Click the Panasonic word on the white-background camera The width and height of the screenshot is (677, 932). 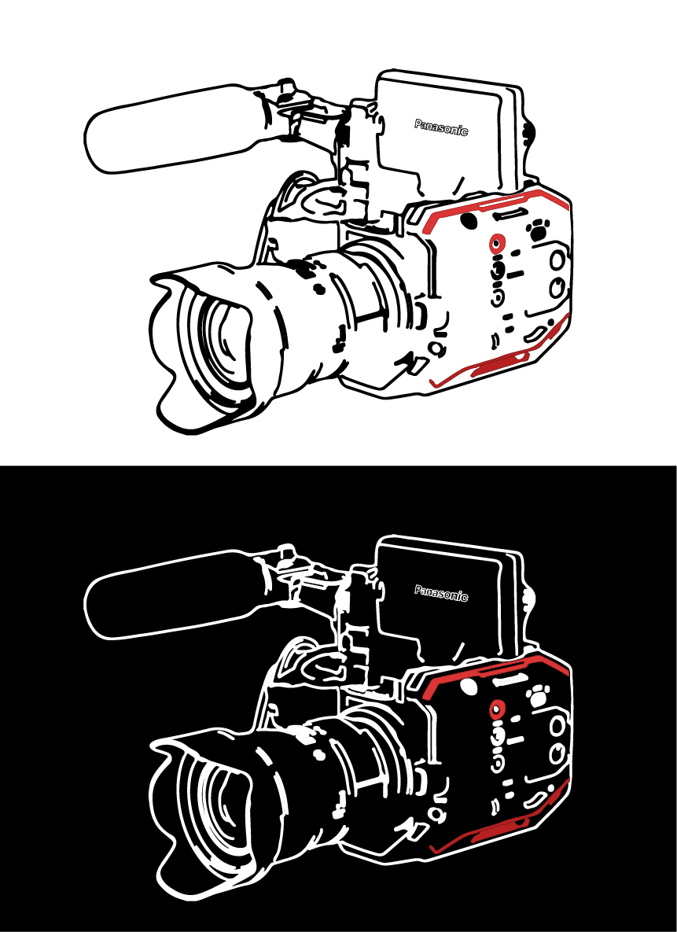click(441, 127)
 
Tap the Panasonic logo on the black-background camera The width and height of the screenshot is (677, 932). click(441, 593)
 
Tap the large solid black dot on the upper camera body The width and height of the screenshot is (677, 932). click(469, 220)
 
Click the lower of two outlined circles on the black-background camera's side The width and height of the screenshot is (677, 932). click(557, 754)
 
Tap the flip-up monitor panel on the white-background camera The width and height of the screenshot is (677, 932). click(449, 134)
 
